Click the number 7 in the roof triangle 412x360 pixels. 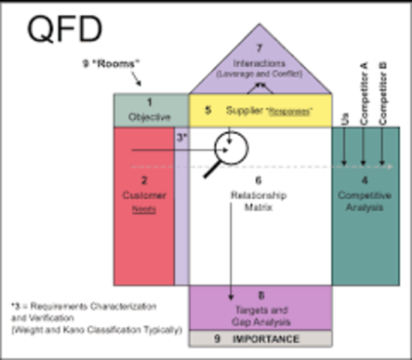260,49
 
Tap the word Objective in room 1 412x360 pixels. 150,118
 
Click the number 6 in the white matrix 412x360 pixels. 257,181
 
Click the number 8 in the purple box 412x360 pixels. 260,295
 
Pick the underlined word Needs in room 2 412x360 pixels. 145,209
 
